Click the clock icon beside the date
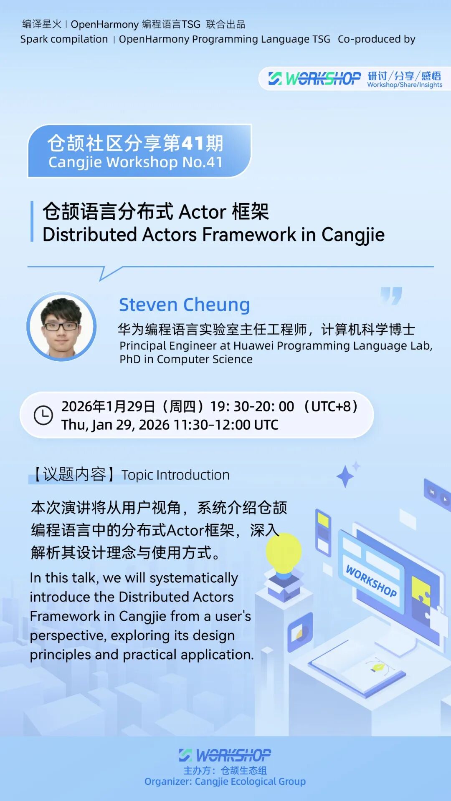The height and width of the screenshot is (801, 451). (x=43, y=415)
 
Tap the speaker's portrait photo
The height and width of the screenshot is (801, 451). (x=61, y=326)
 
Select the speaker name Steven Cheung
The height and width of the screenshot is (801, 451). (x=184, y=305)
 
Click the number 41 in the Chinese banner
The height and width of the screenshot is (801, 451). (x=193, y=143)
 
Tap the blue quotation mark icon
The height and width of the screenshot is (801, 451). (x=391, y=295)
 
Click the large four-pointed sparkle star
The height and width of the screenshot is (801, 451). (x=345, y=476)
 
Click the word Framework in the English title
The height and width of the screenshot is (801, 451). (x=249, y=234)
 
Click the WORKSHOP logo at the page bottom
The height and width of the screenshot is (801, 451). (x=225, y=755)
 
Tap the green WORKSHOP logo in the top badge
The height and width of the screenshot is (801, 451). (x=315, y=78)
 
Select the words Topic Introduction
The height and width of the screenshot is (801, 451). (x=175, y=475)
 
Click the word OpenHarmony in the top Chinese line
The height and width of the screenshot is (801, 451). (x=104, y=24)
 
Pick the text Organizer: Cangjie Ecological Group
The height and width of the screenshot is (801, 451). (x=225, y=781)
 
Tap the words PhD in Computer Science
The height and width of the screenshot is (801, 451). (x=186, y=359)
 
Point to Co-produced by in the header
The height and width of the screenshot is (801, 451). (x=376, y=39)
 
